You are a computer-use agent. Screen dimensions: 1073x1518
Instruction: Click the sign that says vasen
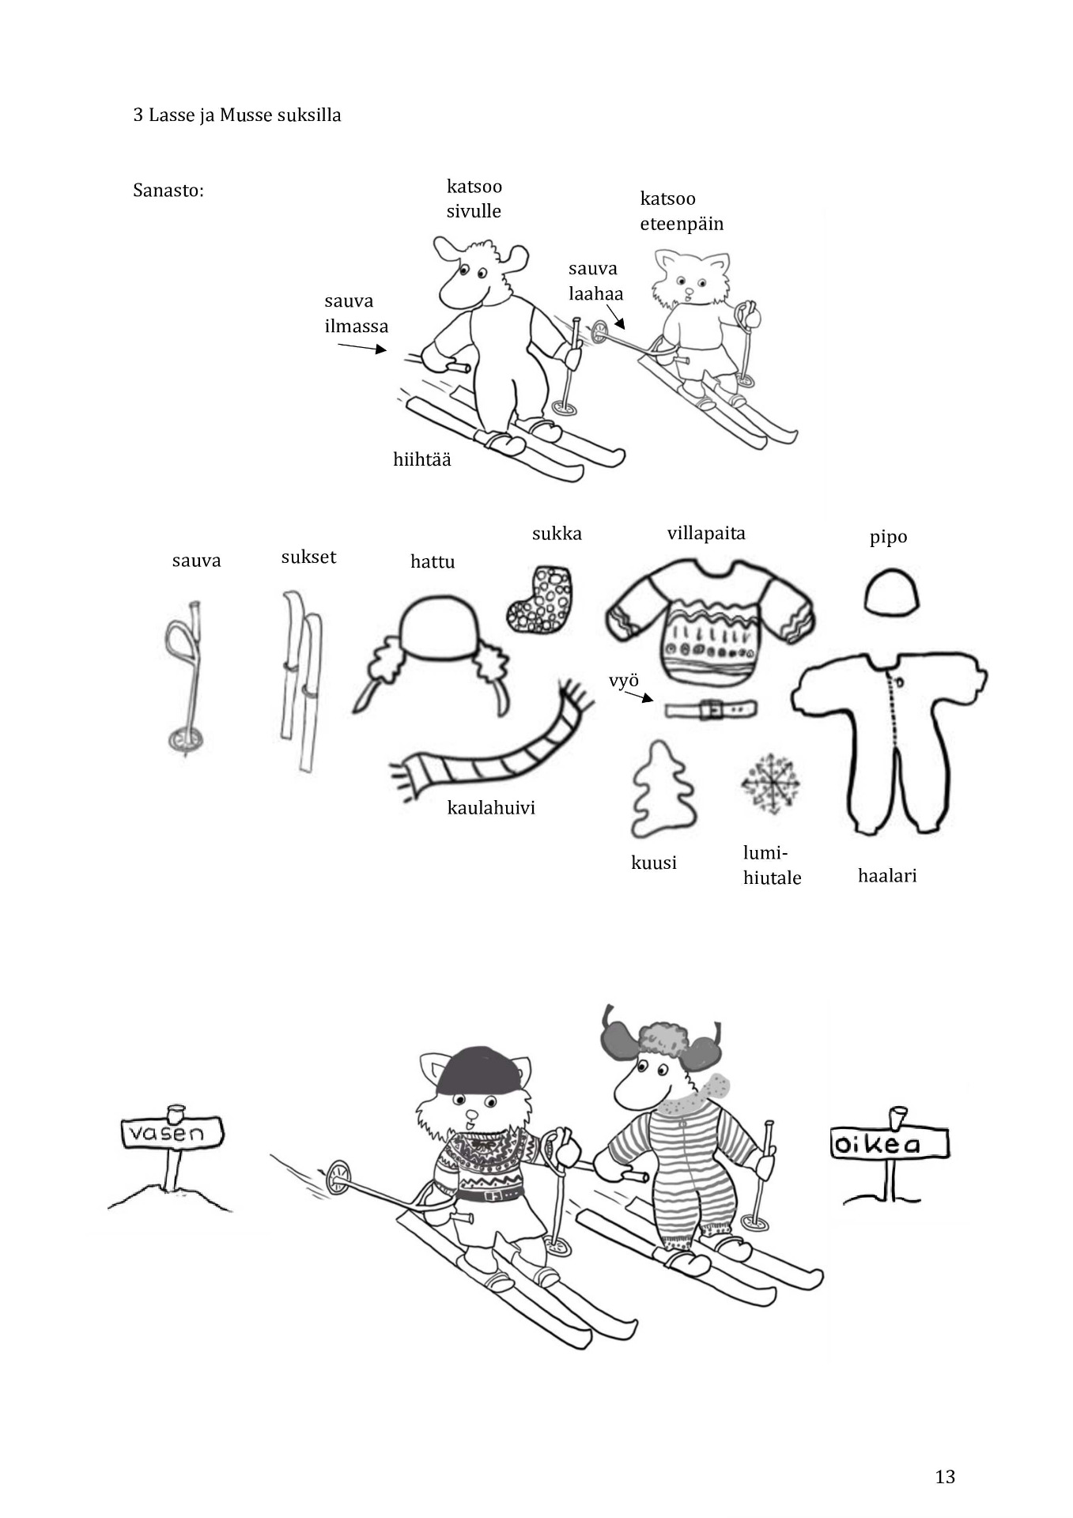pyautogui.click(x=172, y=1133)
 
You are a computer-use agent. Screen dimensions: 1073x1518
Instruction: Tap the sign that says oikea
pyautogui.click(x=889, y=1143)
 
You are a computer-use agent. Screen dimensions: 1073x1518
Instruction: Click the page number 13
pyautogui.click(x=945, y=1476)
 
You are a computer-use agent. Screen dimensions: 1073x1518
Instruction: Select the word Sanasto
pyautogui.click(x=168, y=191)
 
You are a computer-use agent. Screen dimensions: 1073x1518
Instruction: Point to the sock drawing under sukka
pyautogui.click(x=540, y=599)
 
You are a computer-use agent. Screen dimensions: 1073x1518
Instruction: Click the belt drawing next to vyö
pyautogui.click(x=710, y=709)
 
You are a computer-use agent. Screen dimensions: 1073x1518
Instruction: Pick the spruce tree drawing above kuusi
pyautogui.click(x=663, y=788)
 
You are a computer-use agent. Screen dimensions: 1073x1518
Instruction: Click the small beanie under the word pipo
pyautogui.click(x=892, y=591)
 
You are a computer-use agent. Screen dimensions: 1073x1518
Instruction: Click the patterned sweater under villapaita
pyautogui.click(x=709, y=621)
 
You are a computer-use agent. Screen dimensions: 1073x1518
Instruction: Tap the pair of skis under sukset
pyautogui.click(x=302, y=680)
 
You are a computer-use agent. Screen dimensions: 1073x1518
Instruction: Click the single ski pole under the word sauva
pyautogui.click(x=185, y=678)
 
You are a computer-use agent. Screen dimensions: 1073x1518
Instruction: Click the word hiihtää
pyautogui.click(x=422, y=459)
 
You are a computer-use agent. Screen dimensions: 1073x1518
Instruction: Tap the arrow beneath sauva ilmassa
pyautogui.click(x=362, y=347)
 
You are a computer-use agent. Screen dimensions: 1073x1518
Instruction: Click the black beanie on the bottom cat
pyautogui.click(x=479, y=1071)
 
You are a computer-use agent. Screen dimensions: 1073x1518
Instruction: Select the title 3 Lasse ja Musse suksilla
pyautogui.click(x=237, y=115)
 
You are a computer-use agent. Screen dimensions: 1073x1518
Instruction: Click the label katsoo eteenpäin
pyautogui.click(x=682, y=211)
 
